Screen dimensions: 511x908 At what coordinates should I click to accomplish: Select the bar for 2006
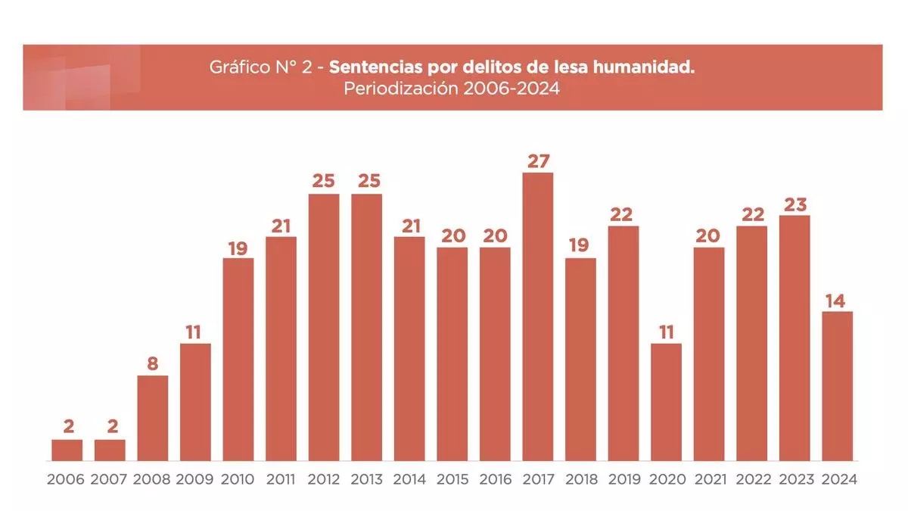pos(67,450)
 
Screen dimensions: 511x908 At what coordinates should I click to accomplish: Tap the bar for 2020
pos(666,402)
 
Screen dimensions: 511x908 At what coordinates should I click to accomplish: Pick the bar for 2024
pos(837,386)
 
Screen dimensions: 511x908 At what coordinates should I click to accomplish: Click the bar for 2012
pos(324,327)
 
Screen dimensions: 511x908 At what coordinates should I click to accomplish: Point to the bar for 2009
pos(195,402)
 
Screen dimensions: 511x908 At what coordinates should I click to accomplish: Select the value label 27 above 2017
pos(538,161)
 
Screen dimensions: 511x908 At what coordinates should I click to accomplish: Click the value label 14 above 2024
pos(837,301)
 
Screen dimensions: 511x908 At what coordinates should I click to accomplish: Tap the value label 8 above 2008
pos(152,364)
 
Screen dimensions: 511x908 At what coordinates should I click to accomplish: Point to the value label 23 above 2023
pos(794,204)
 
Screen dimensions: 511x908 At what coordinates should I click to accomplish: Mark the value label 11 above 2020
pos(666,332)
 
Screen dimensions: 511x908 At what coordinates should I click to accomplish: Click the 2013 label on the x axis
pos(366,479)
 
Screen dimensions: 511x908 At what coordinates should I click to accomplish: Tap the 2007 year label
pos(110,479)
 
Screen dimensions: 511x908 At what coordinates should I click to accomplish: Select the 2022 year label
pos(751,479)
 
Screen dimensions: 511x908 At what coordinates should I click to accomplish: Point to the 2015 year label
pos(452,479)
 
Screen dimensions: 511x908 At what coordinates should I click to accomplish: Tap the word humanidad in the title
pos(648,67)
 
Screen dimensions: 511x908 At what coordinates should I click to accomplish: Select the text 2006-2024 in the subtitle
pos(512,88)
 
